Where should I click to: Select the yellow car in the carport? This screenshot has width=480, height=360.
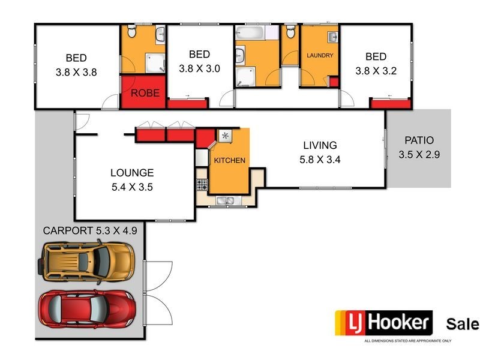pyautogui.click(x=88, y=260)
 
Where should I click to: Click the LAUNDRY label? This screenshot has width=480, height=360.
pyautogui.click(x=319, y=56)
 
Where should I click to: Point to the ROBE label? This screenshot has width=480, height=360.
pyautogui.click(x=145, y=93)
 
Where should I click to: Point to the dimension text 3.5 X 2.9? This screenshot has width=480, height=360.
pyautogui.click(x=419, y=155)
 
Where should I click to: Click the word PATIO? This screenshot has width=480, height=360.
pyautogui.click(x=419, y=141)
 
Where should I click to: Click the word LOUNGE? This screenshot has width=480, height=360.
pyautogui.click(x=131, y=173)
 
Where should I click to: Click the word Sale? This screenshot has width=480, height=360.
pyautogui.click(x=462, y=325)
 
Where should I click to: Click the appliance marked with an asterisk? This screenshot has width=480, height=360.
pyautogui.click(x=226, y=136)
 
